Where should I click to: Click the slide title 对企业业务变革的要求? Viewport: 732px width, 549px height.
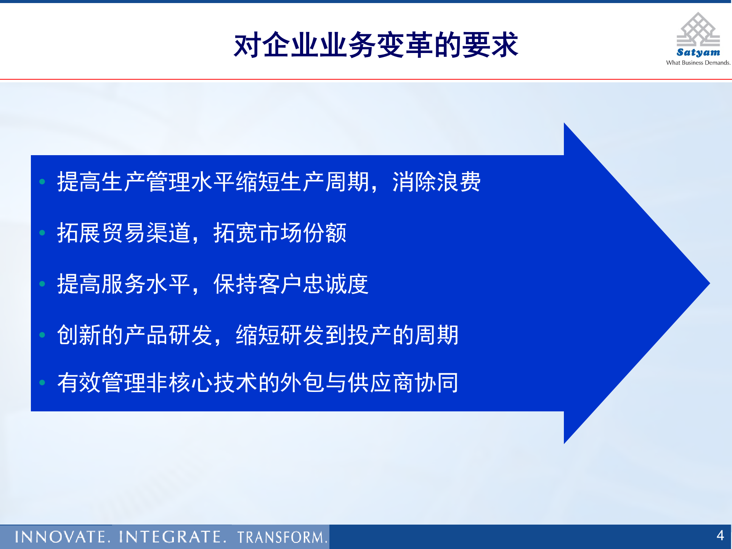376,45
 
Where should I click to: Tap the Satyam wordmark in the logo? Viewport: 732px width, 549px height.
698,52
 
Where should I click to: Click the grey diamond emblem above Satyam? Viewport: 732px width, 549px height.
698,30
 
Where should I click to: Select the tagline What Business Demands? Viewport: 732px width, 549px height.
698,63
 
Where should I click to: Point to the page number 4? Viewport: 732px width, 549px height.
720,535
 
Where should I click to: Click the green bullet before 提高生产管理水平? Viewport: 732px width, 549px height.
42,182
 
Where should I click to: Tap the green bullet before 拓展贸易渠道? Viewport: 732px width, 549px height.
42,233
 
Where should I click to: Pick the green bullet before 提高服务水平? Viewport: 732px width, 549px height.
42,284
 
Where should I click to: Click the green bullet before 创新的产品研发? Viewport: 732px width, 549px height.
42,335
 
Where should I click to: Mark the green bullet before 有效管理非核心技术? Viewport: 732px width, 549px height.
42,382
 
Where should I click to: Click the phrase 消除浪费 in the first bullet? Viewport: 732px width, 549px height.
437,182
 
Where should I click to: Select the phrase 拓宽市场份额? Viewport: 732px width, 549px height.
280,233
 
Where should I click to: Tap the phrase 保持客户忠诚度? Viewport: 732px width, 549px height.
291,284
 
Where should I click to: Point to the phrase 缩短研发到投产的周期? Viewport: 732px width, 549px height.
347,335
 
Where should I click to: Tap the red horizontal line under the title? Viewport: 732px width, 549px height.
366,79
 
